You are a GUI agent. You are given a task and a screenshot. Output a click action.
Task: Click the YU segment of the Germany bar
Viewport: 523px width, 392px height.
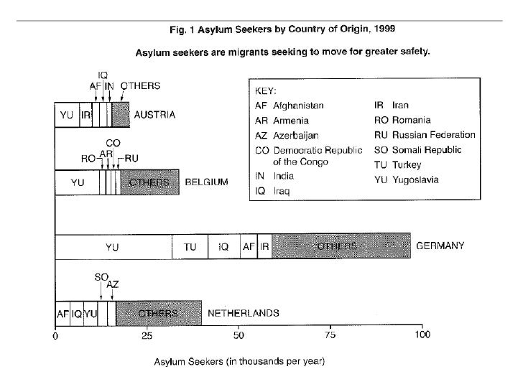click(113, 246)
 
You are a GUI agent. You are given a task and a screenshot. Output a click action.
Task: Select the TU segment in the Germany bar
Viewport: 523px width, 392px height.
click(190, 246)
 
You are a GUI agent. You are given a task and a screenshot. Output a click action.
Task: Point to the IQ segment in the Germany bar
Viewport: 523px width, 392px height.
click(223, 246)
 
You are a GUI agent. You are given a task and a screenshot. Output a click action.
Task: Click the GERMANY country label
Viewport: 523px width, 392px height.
click(440, 246)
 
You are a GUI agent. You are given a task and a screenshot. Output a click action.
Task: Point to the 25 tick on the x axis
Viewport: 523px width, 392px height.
click(147, 335)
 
